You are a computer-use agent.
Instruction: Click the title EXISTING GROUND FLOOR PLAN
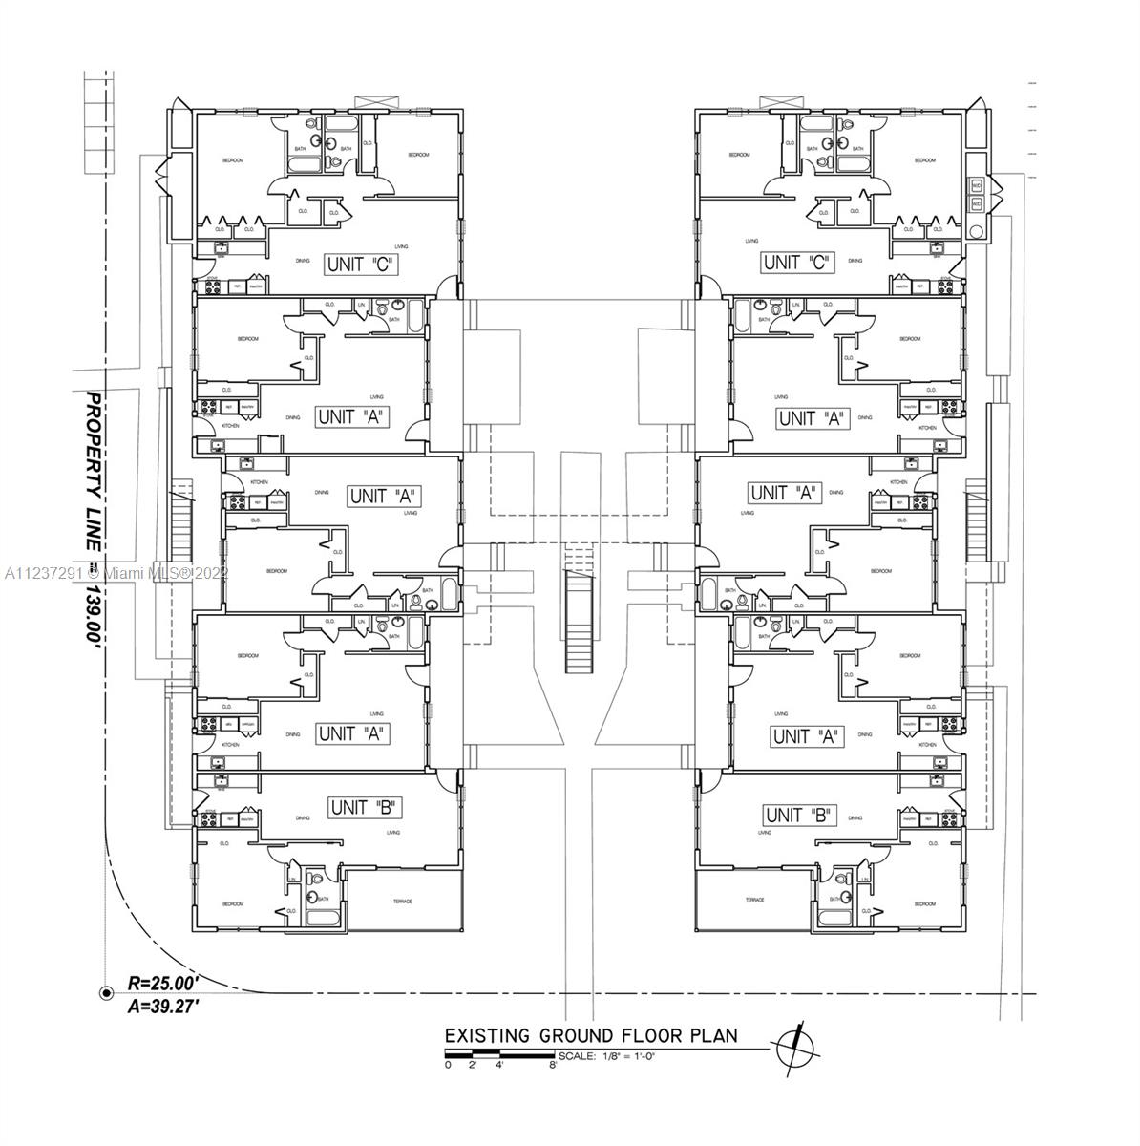coord(591,1037)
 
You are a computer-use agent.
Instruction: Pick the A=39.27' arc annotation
coord(162,1003)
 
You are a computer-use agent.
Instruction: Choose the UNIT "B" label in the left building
coord(363,808)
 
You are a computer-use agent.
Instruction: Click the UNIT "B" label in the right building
coord(800,816)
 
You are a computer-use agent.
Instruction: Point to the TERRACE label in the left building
coord(402,902)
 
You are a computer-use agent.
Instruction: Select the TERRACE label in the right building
coord(754,900)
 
